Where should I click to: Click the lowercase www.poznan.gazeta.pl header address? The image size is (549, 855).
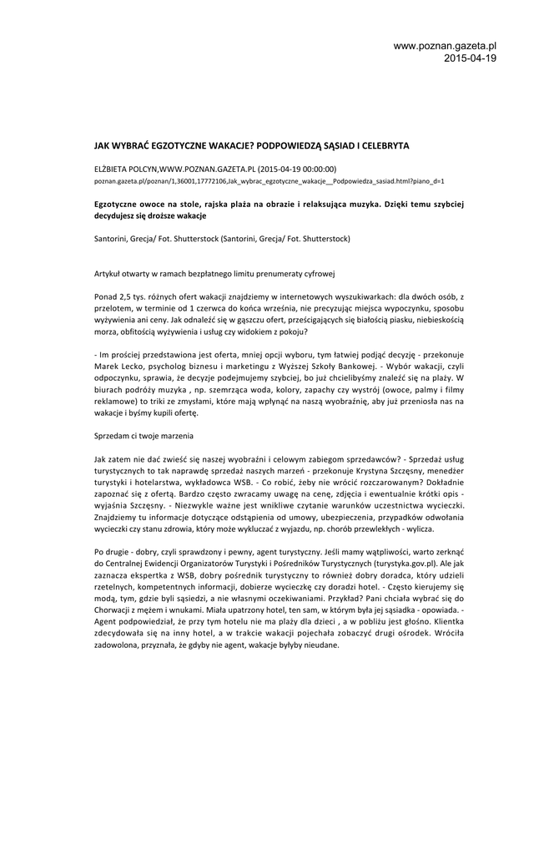click(x=445, y=46)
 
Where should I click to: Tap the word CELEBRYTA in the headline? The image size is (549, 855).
click(x=382, y=144)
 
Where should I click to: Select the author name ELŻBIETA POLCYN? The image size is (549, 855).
click(x=125, y=169)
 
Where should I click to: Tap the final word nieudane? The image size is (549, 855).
click(x=320, y=645)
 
